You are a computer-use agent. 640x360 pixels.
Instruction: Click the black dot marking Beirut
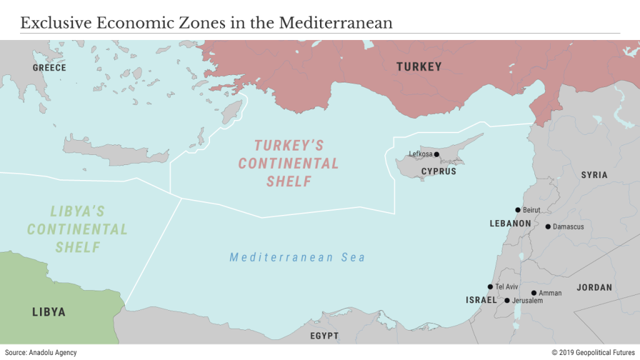coord(517,210)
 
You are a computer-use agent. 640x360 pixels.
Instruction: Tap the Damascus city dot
coord(548,227)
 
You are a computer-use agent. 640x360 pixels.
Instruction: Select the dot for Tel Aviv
coord(490,287)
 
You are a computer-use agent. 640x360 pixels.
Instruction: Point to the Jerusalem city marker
coord(507,301)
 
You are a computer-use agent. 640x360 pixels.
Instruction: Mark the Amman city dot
coord(534,292)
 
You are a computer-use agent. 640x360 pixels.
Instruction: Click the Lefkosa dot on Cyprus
coord(436,154)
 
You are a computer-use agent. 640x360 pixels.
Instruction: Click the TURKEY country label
coord(419,67)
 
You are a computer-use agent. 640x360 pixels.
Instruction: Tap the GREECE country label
coord(49,67)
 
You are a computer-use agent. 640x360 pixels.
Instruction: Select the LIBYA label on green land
coord(49,312)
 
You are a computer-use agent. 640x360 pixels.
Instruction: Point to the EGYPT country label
coord(324,336)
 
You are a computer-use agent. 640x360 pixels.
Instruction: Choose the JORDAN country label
coord(594,287)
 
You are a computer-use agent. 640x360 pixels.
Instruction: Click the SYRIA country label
coord(594,175)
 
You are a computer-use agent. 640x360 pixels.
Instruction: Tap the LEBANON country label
coord(510,223)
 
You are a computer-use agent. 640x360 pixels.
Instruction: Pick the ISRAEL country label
coord(481,301)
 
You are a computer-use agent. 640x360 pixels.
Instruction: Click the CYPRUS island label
coord(438,171)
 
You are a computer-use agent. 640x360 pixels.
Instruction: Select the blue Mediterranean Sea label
coord(297,257)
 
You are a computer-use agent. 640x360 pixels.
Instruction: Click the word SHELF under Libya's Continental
coord(77,247)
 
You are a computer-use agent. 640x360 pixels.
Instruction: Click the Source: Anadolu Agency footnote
coord(41,352)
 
